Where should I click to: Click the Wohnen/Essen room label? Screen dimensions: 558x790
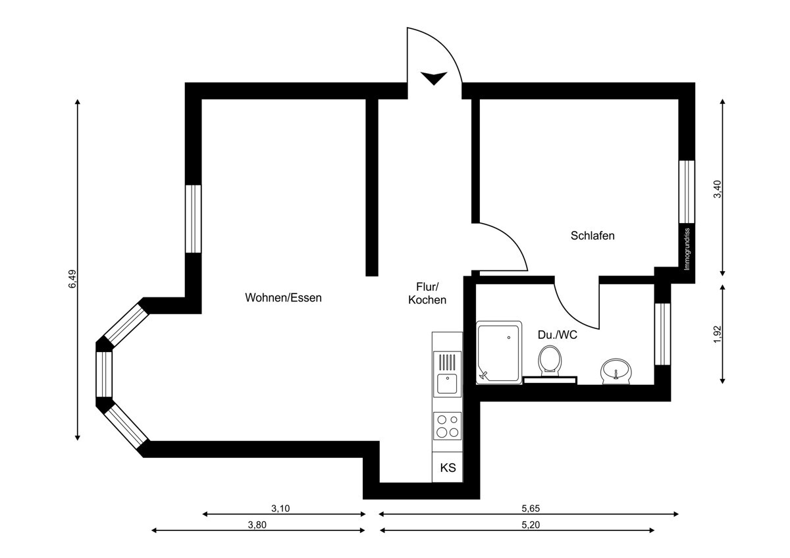(283, 297)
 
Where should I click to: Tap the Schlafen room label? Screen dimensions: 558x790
(592, 236)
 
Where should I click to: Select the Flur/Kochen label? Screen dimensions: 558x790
(427, 293)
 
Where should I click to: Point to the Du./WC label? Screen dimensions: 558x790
(557, 335)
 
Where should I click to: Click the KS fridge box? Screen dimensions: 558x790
(448, 469)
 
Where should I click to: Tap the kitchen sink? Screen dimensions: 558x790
(447, 382)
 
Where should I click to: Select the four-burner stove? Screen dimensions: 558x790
(447, 425)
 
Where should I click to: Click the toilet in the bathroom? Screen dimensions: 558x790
(550, 361)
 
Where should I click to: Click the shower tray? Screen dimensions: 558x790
(499, 352)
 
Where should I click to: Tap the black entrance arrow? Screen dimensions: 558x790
(433, 78)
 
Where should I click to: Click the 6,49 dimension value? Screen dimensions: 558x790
(72, 280)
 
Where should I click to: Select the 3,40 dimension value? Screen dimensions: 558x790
(718, 189)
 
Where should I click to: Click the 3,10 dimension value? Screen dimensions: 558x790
(280, 509)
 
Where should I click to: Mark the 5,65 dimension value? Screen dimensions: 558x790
(530, 509)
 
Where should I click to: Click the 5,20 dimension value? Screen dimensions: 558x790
(530, 525)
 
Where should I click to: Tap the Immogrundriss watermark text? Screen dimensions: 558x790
(687, 249)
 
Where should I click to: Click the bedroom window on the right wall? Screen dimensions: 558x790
(687, 191)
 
